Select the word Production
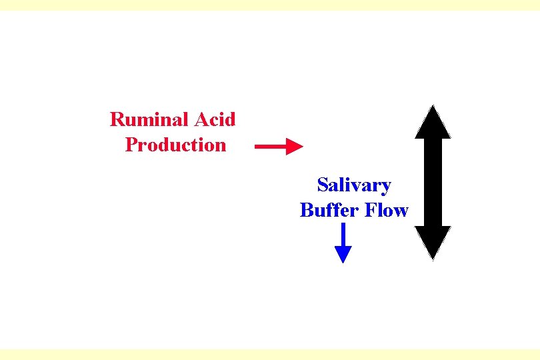point(175,145)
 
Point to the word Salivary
point(354,185)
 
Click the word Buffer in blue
point(327,210)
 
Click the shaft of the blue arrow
point(343,235)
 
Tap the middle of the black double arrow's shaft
point(433,182)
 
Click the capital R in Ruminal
point(117,120)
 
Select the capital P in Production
point(131,145)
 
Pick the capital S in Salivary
point(323,185)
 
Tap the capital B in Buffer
point(307,210)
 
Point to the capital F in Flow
point(367,210)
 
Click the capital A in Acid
point(201,120)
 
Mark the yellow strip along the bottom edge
point(270,354)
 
